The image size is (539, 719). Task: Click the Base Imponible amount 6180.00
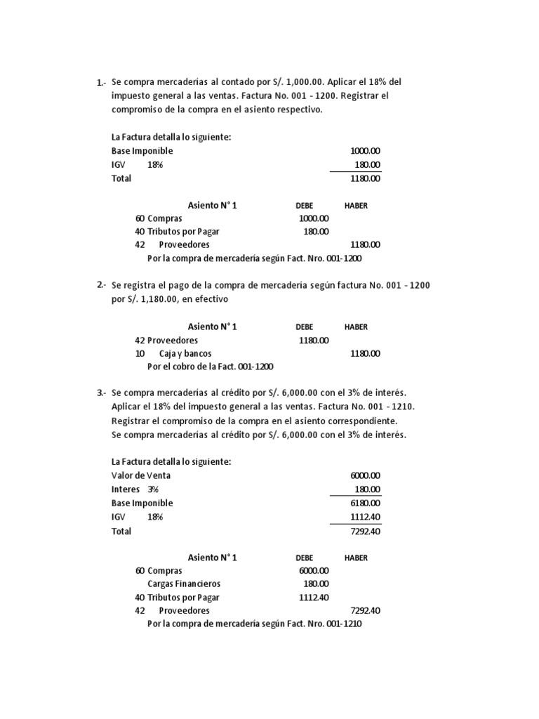(365, 503)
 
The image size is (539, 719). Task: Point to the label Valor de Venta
(141, 475)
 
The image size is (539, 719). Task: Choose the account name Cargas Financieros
(184, 583)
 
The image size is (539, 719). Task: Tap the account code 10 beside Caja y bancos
(140, 353)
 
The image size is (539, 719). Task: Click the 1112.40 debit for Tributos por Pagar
(314, 597)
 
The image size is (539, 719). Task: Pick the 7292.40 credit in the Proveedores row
(365, 610)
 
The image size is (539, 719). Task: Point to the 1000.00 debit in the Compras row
(314, 218)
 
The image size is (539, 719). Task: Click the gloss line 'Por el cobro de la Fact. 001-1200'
(209, 367)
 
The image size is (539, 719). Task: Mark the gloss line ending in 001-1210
(254, 624)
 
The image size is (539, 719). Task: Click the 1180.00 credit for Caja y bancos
(365, 353)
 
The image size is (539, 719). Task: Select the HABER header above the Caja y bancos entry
(356, 327)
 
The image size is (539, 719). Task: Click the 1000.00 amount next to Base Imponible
(365, 151)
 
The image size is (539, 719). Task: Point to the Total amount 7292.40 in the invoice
(365, 531)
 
